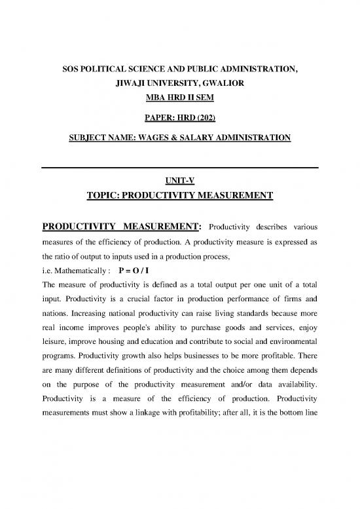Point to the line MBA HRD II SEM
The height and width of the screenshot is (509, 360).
pos(180,102)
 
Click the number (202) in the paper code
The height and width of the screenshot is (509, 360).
pos(210,121)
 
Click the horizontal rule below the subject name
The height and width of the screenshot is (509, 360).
pos(180,168)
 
